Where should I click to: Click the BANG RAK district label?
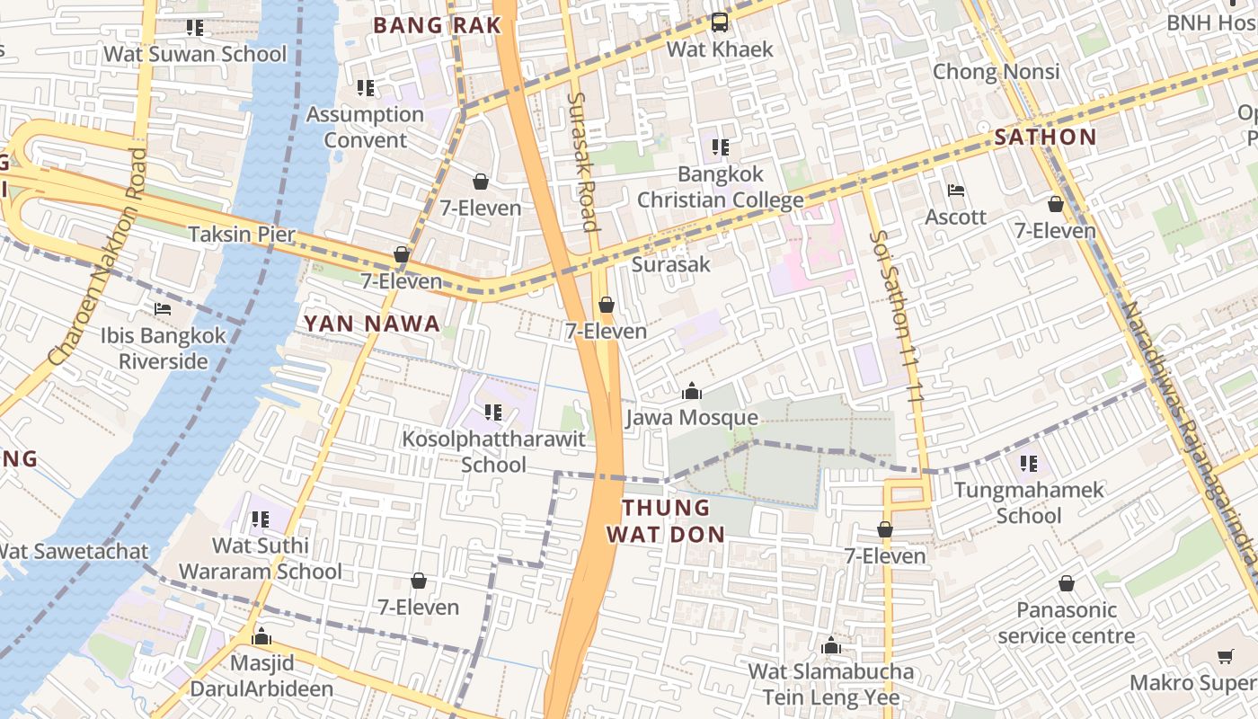(437, 25)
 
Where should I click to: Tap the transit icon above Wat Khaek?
(719, 22)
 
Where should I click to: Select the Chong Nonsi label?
(997, 71)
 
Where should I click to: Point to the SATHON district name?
(1045, 138)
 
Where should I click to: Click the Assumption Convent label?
(365, 127)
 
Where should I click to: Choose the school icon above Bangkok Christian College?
(721, 146)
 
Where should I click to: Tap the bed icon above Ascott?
(956, 191)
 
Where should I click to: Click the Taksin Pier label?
(242, 235)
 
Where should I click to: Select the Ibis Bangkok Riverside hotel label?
(164, 348)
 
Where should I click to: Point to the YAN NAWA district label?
(372, 324)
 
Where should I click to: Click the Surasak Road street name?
(584, 162)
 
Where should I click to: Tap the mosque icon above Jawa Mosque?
(691, 391)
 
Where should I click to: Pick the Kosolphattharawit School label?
(493, 451)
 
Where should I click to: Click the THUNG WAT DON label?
(665, 521)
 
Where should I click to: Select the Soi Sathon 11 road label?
(895, 315)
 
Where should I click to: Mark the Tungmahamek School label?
(1029, 502)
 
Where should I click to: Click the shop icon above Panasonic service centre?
(1066, 584)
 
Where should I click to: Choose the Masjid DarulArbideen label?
(261, 676)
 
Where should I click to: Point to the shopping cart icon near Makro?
(1225, 657)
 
